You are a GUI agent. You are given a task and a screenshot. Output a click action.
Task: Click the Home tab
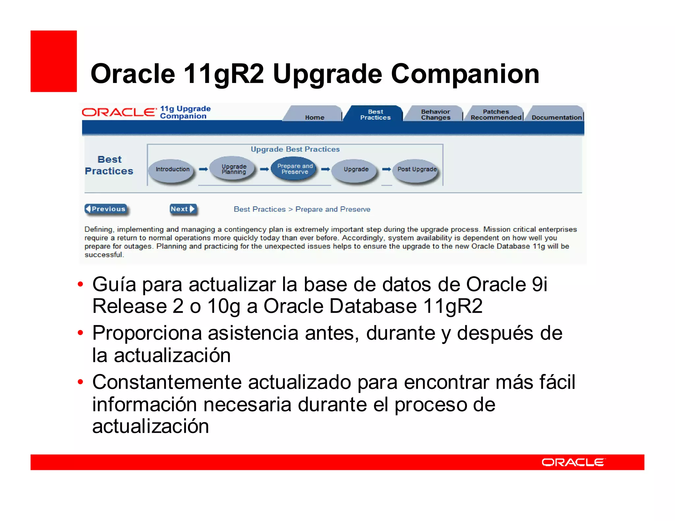(314, 115)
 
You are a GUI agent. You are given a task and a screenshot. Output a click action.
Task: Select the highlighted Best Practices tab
(375, 115)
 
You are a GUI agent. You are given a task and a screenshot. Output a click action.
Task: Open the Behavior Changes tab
(435, 115)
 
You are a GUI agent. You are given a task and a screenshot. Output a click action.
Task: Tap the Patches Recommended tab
(496, 115)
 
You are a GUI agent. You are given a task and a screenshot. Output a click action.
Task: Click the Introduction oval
(172, 169)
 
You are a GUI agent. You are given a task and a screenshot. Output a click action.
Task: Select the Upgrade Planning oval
(234, 169)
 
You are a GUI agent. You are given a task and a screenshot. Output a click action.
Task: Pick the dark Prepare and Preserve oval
(295, 169)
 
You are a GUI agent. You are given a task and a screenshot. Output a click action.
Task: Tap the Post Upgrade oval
(417, 169)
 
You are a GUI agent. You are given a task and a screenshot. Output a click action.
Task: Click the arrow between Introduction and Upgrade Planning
(203, 169)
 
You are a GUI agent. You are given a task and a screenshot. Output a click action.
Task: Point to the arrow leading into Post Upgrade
(386, 169)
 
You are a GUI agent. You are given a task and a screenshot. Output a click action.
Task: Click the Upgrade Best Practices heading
(295, 149)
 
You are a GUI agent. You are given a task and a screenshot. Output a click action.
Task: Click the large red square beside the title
(54, 61)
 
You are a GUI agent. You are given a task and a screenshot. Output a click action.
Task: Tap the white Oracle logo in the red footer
(573, 462)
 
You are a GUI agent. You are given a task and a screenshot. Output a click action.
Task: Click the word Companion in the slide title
(465, 74)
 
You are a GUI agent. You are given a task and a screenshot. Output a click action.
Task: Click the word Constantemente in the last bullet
(167, 382)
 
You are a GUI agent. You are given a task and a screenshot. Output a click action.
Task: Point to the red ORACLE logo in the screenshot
(119, 112)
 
